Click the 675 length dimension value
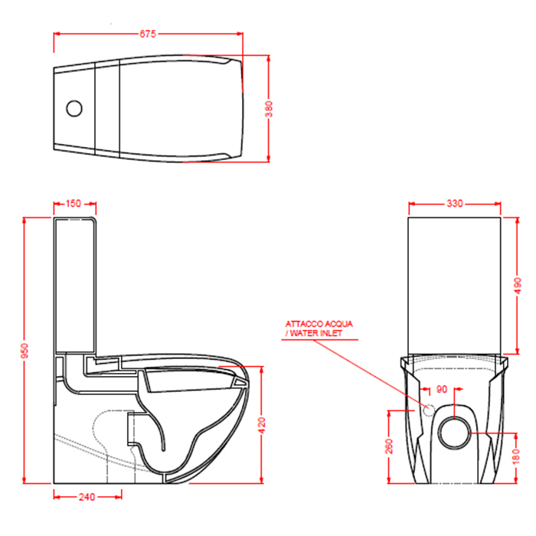click(148, 34)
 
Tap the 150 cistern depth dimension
click(74, 204)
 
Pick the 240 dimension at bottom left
click(87, 497)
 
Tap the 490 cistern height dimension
click(517, 286)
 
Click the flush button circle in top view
click(74, 109)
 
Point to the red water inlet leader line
click(368, 368)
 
